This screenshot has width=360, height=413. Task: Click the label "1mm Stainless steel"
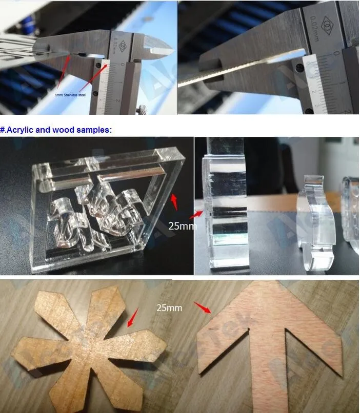70,95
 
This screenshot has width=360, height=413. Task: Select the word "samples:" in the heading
93,130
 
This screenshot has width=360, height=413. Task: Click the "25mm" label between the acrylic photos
181,225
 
